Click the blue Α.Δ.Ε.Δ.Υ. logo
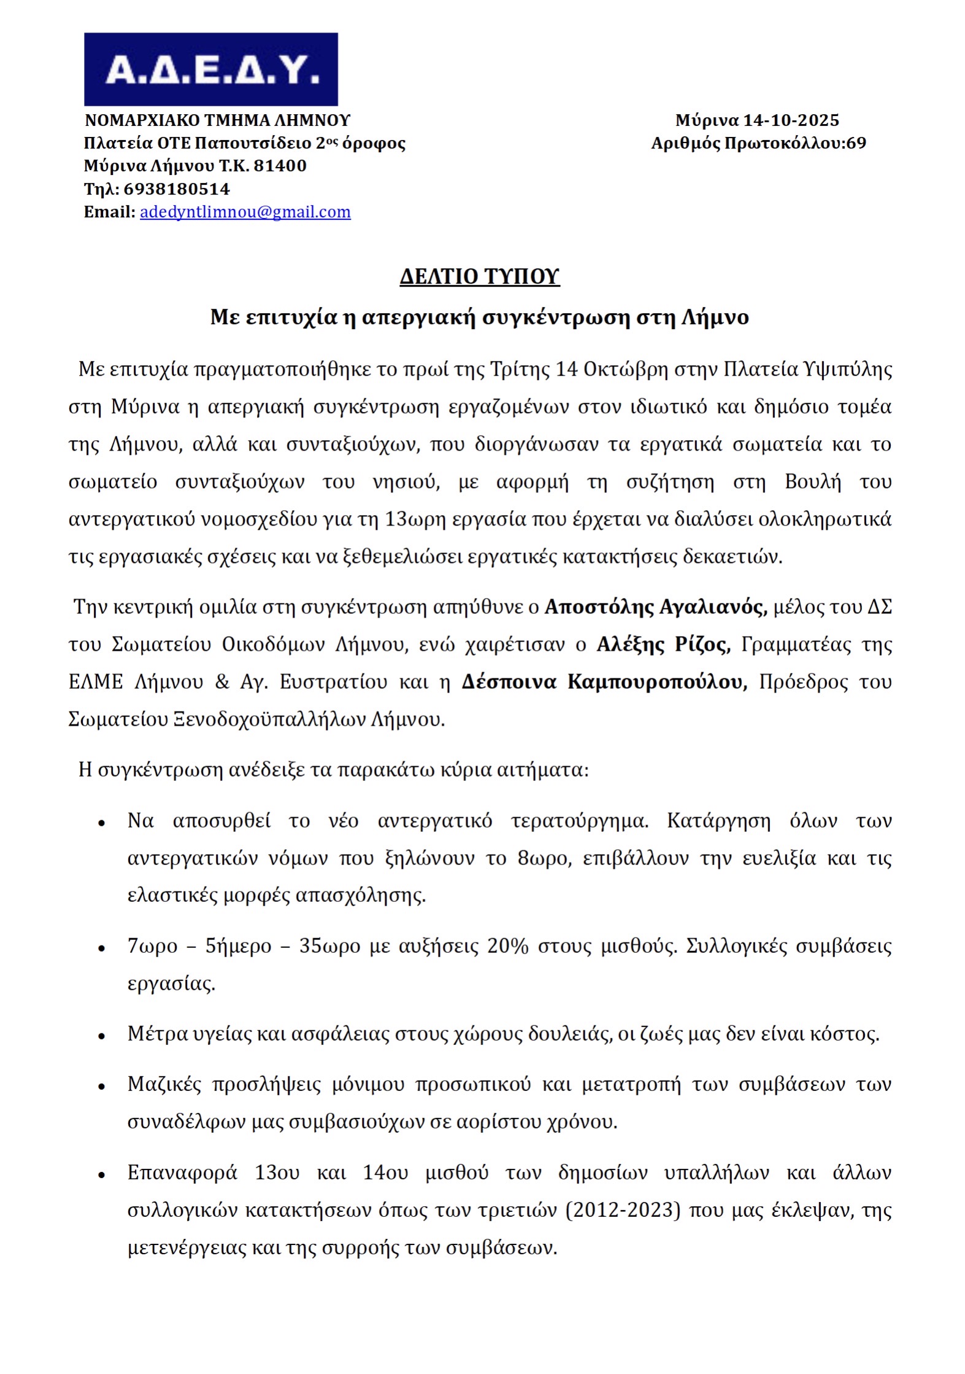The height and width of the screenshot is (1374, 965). click(210, 69)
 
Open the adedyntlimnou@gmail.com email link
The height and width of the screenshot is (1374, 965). click(245, 212)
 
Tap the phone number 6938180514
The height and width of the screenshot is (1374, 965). click(177, 189)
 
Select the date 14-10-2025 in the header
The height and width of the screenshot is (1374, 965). click(791, 120)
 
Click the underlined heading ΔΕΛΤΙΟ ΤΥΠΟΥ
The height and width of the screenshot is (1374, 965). click(480, 276)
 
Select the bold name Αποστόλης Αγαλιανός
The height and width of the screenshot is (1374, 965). click(655, 607)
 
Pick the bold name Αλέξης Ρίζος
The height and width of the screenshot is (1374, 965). click(664, 644)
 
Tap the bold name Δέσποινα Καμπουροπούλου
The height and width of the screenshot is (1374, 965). click(604, 681)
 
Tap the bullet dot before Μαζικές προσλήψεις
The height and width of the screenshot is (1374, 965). click(102, 1086)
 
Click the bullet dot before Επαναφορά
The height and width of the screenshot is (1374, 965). click(102, 1174)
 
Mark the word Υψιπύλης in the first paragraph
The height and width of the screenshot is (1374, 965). click(853, 370)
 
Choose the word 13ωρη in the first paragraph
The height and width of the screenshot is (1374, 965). click(415, 519)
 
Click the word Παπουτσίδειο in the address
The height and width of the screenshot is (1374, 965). click(253, 143)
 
